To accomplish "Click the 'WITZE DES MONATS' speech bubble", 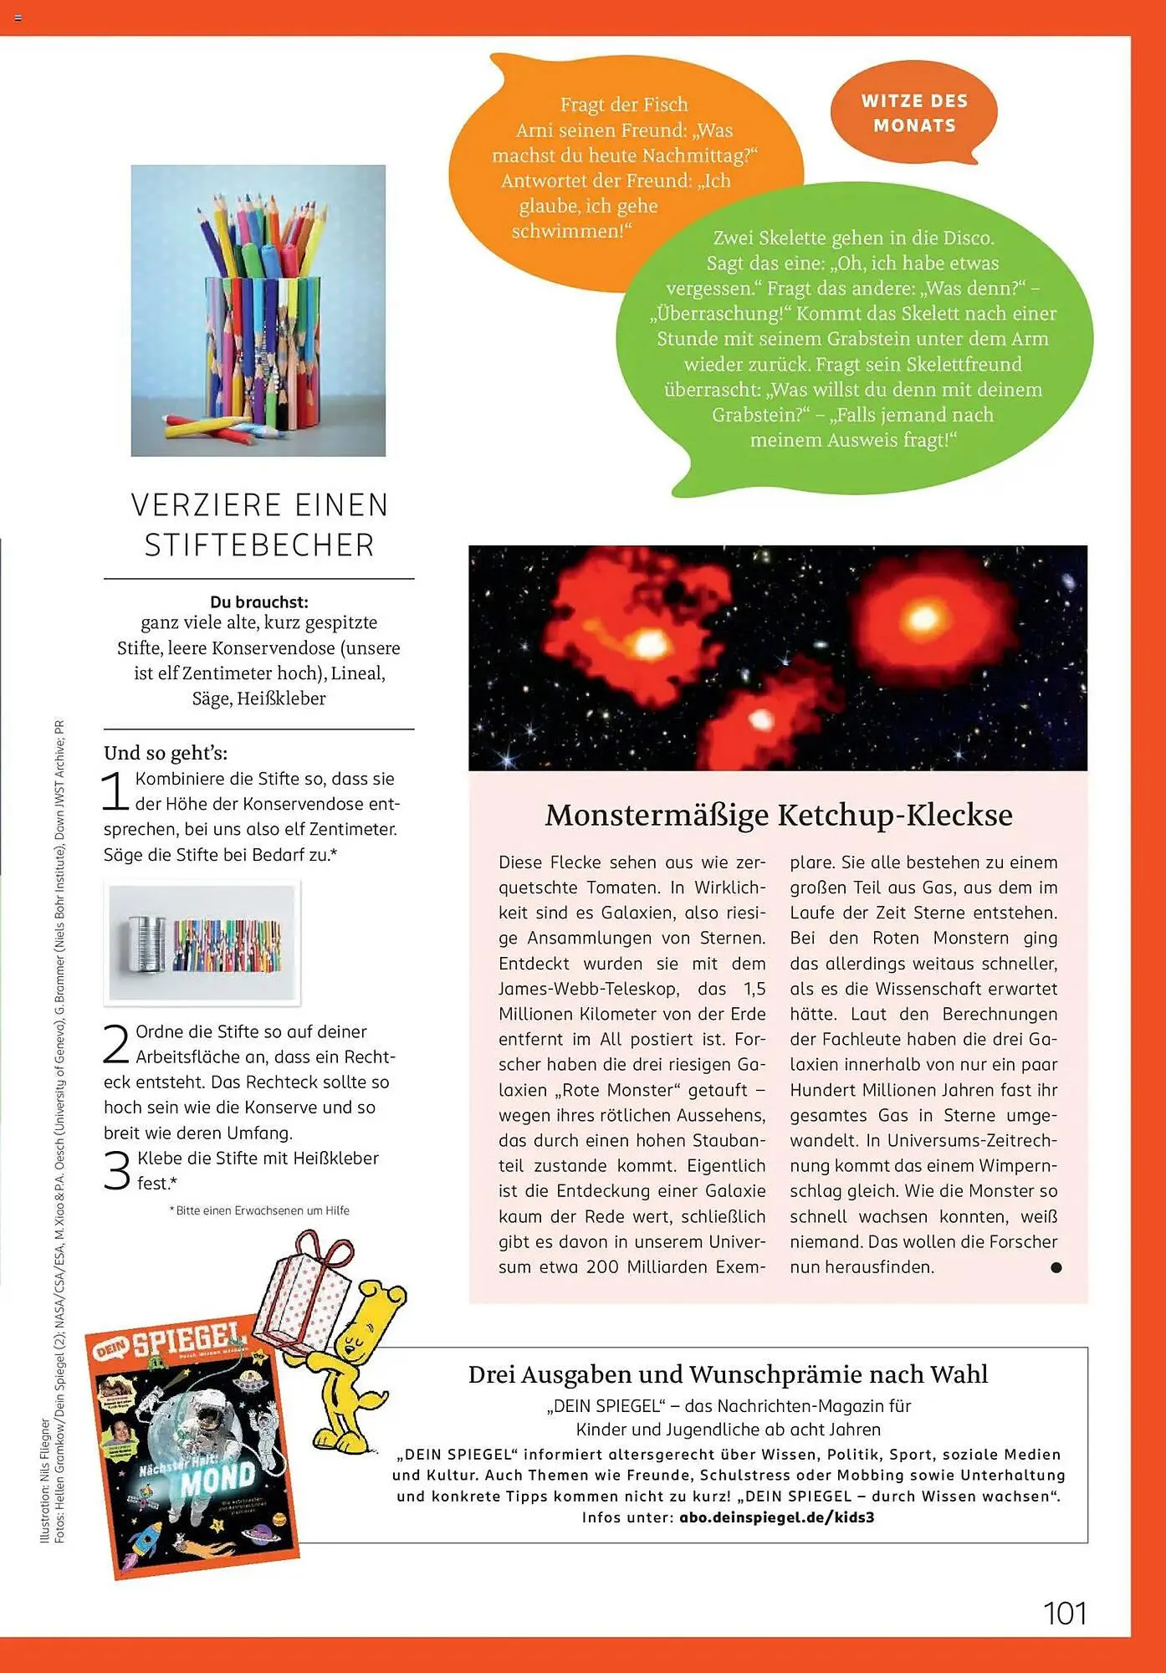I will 913,113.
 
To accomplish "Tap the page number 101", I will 1064,1613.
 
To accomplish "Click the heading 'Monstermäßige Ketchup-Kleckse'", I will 778,815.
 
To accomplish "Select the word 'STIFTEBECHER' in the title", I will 259,545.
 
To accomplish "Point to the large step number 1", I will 115,790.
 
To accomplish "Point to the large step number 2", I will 116,1044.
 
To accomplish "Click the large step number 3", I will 116,1170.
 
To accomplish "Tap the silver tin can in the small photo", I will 146,944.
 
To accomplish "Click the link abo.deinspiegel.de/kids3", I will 776,1517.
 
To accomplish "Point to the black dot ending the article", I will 1056,1267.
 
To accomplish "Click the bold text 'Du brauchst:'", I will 259,601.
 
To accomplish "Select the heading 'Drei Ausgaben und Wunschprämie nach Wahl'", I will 728,1374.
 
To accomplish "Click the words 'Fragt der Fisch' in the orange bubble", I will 624,105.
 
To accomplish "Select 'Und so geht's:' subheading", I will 166,753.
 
